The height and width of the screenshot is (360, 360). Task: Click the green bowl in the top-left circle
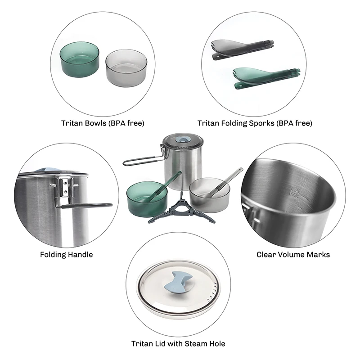pyautogui.click(x=80, y=59)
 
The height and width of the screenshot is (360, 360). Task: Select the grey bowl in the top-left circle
pyautogui.click(x=126, y=68)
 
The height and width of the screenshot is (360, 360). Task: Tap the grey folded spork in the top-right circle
pyautogui.click(x=243, y=49)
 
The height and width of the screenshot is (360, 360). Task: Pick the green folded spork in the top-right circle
pyautogui.click(x=266, y=77)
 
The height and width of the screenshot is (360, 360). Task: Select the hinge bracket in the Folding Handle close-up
pyautogui.click(x=65, y=188)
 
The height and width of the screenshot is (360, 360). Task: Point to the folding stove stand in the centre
pyautogui.click(x=182, y=209)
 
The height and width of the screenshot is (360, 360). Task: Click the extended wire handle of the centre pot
pyautogui.click(x=142, y=161)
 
